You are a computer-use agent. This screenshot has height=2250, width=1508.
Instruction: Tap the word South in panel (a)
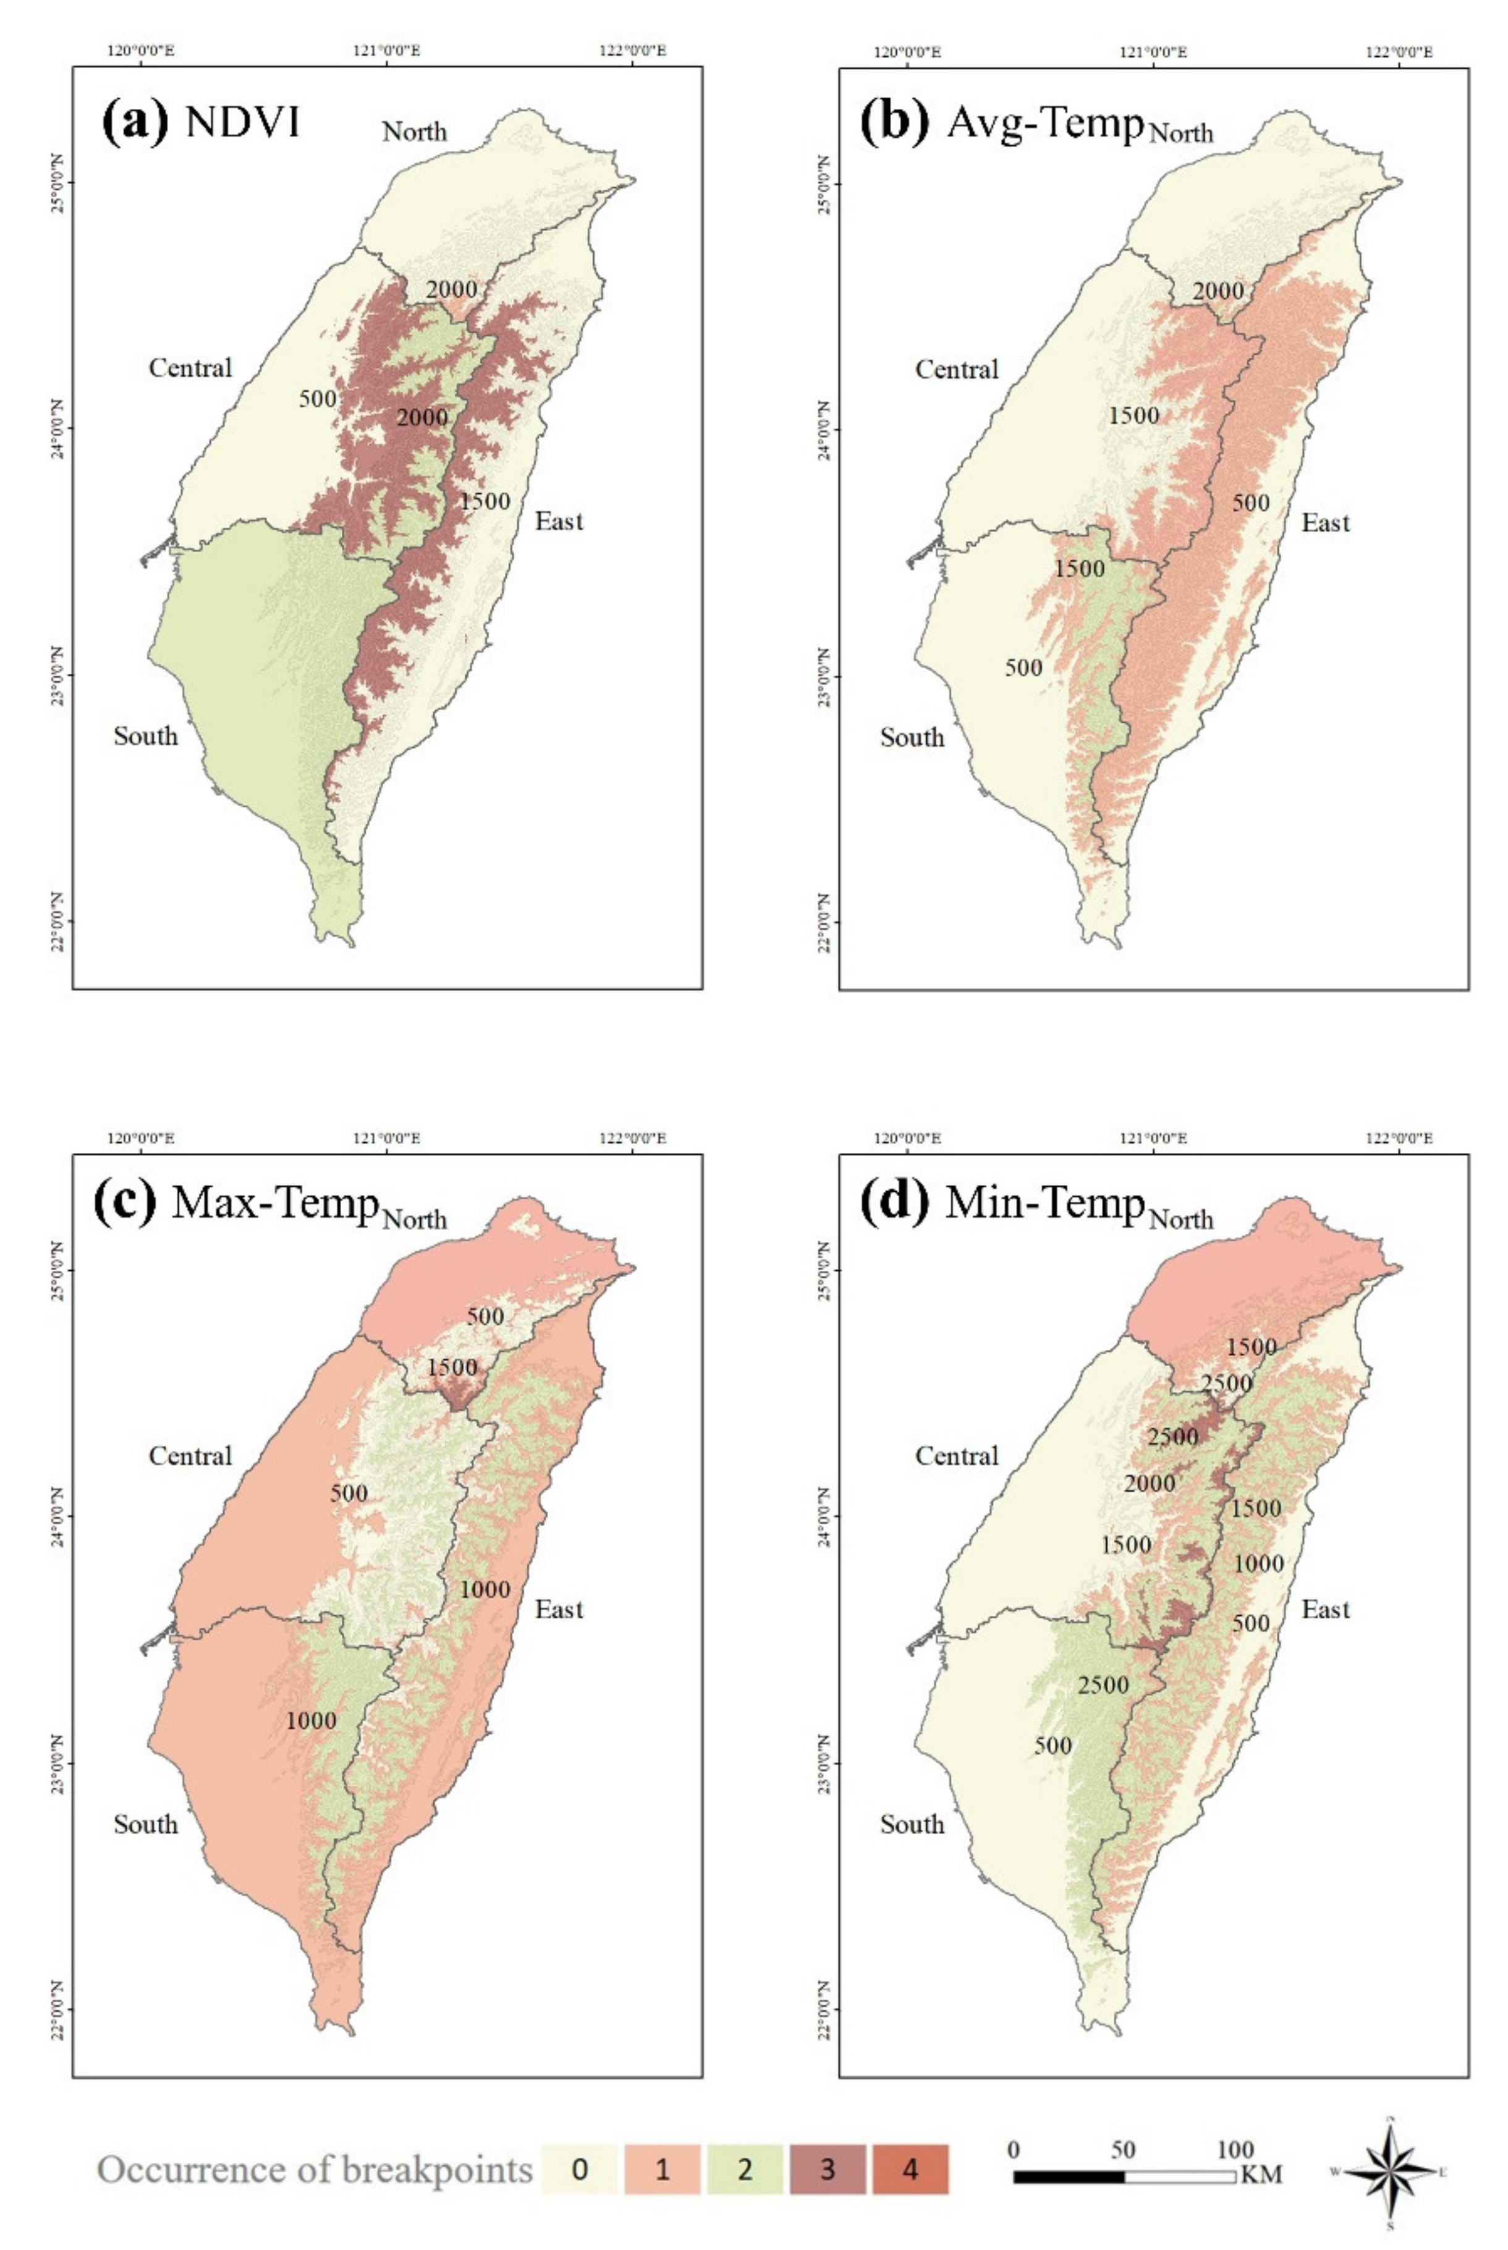[x=146, y=736]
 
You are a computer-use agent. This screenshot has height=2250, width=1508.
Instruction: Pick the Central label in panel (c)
[x=190, y=1456]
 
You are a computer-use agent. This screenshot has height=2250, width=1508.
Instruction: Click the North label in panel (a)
[x=415, y=131]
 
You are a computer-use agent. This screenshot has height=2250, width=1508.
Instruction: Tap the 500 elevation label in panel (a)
[x=318, y=398]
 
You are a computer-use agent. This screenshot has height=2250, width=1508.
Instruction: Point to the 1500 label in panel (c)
[x=452, y=1367]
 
